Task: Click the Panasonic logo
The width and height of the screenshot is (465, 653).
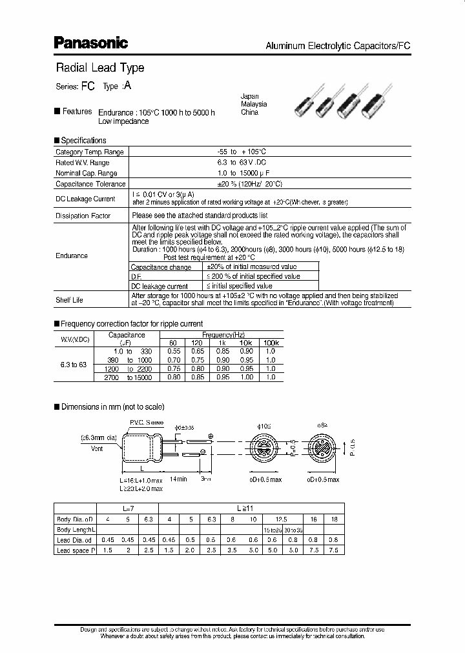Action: click(x=90, y=43)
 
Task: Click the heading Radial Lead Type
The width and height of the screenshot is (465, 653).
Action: click(x=99, y=68)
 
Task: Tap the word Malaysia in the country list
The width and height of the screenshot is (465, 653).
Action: click(x=254, y=104)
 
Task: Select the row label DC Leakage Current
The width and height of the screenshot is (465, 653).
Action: click(x=85, y=199)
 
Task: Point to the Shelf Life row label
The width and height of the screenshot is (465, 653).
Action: click(x=69, y=300)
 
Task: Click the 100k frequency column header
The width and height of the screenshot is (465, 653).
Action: click(x=271, y=343)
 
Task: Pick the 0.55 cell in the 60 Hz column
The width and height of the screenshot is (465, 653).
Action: click(x=172, y=351)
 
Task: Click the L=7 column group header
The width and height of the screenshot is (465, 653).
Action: click(x=127, y=508)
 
